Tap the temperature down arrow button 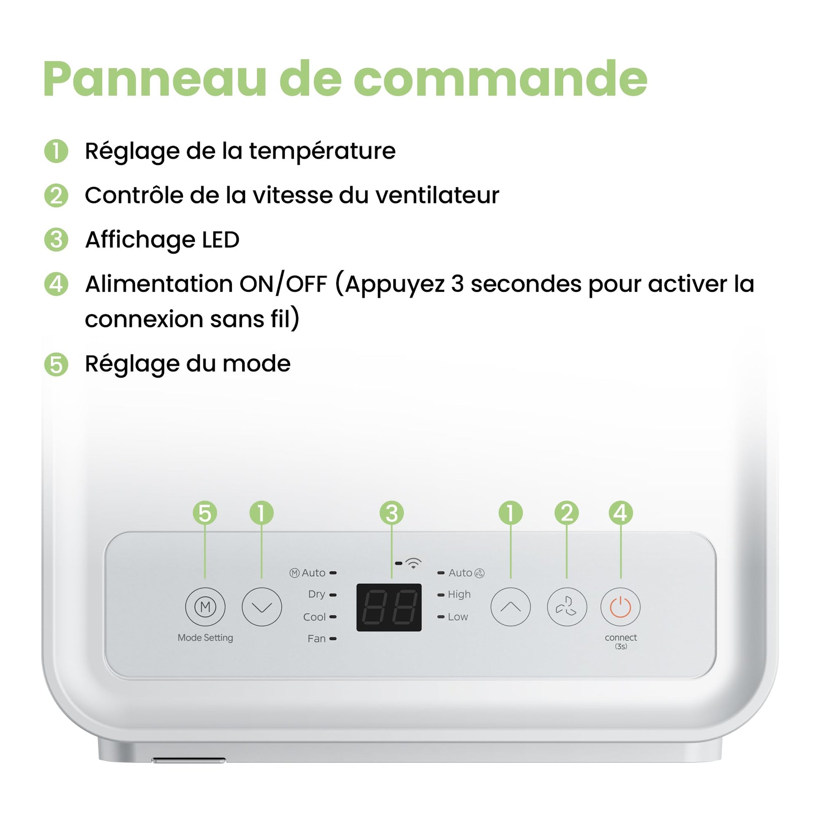(262, 606)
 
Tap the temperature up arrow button (510, 606)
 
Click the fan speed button (567, 606)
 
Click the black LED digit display (389, 607)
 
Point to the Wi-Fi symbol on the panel (413, 563)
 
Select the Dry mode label (316, 594)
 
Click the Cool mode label (314, 617)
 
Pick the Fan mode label (316, 638)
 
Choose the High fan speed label (459, 594)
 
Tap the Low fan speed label (458, 617)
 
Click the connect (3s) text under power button (621, 642)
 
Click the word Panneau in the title (155, 79)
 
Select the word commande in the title (500, 79)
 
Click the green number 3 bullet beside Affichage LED (56, 240)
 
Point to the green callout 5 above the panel (205, 513)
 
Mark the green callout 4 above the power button (621, 513)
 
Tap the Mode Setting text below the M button (205, 637)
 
